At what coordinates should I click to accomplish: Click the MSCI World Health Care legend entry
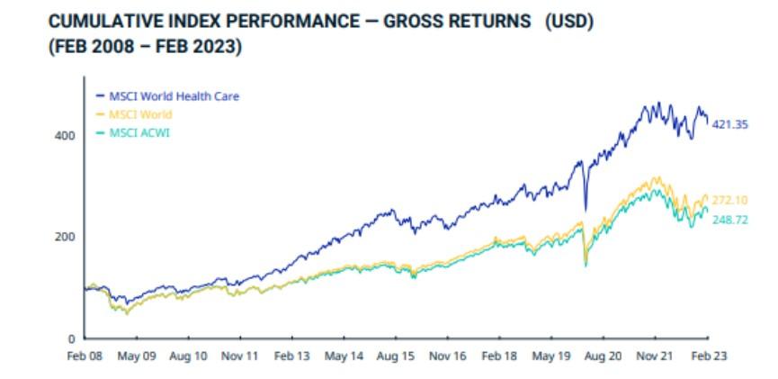pyautogui.click(x=167, y=96)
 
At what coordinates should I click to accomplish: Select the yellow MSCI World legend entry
pyautogui.click(x=133, y=114)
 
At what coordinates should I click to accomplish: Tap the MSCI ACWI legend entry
pyautogui.click(x=132, y=133)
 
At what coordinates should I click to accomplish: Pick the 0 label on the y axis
pyautogui.click(x=71, y=339)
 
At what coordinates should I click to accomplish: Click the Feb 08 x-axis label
pyautogui.click(x=85, y=356)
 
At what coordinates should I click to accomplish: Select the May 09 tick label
pyautogui.click(x=137, y=356)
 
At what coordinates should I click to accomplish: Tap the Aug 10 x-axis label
pyautogui.click(x=189, y=356)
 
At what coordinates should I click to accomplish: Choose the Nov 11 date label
pyautogui.click(x=240, y=356)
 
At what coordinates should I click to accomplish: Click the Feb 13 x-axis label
pyautogui.click(x=292, y=356)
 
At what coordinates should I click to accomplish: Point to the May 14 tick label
pyautogui.click(x=344, y=356)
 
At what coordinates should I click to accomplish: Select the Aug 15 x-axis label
pyautogui.click(x=396, y=356)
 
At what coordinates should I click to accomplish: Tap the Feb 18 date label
pyautogui.click(x=499, y=356)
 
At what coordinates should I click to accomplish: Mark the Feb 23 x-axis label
pyautogui.click(x=708, y=356)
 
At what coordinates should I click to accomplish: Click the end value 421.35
pyautogui.click(x=729, y=124)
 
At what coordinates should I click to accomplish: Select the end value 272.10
pyautogui.click(x=729, y=201)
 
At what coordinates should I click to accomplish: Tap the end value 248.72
pyautogui.click(x=729, y=220)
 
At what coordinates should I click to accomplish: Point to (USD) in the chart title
pyautogui.click(x=569, y=22)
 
